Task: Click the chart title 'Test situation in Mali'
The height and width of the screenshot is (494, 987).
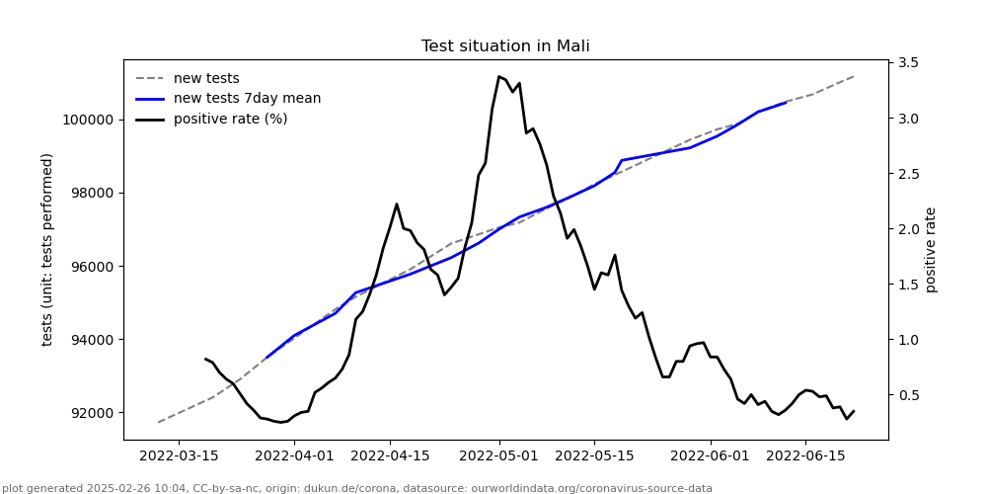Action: coord(505,46)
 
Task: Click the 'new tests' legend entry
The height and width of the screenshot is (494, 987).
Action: coord(205,78)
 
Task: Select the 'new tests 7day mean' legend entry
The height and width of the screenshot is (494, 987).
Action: coord(247,99)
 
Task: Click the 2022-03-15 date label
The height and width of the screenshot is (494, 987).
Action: coord(179,455)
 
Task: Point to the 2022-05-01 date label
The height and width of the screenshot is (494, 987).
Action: coord(499,455)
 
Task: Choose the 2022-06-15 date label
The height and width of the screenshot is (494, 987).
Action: coord(805,455)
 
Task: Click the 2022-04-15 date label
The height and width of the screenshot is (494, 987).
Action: coord(390,455)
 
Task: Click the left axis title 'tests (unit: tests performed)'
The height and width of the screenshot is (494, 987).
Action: coord(47,249)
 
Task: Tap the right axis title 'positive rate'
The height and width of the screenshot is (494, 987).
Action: coord(931,249)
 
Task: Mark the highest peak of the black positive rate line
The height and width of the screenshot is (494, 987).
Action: coord(499,76)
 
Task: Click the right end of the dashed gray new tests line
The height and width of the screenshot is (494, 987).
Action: coord(853,76)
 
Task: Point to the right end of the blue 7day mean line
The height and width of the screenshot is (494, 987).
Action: coord(786,102)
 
